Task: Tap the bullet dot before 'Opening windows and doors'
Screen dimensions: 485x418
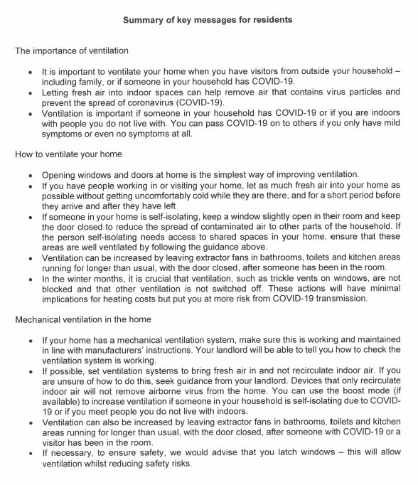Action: pos(29,176)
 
